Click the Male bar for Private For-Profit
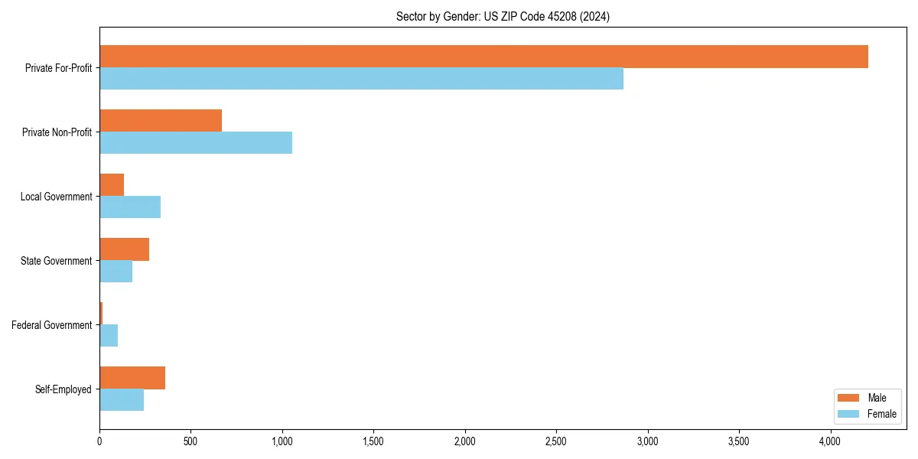tap(483, 57)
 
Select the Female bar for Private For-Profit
tap(361, 79)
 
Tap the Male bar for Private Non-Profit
tap(161, 121)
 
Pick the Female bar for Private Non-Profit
tap(196, 143)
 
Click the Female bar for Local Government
tap(130, 207)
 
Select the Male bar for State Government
tap(124, 249)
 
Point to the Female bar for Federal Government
tap(109, 336)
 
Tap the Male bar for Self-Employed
tap(132, 378)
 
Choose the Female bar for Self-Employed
tap(122, 400)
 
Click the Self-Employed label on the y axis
tap(63, 389)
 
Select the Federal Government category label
tap(51, 325)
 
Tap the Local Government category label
tap(56, 197)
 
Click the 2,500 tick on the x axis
tap(556, 441)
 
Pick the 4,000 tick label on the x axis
tap(830, 441)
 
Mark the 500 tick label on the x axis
tap(190, 441)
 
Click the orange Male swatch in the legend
tap(849, 398)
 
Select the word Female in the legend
tap(882, 414)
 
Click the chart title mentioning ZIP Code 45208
tap(503, 16)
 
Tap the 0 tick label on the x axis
tap(99, 441)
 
